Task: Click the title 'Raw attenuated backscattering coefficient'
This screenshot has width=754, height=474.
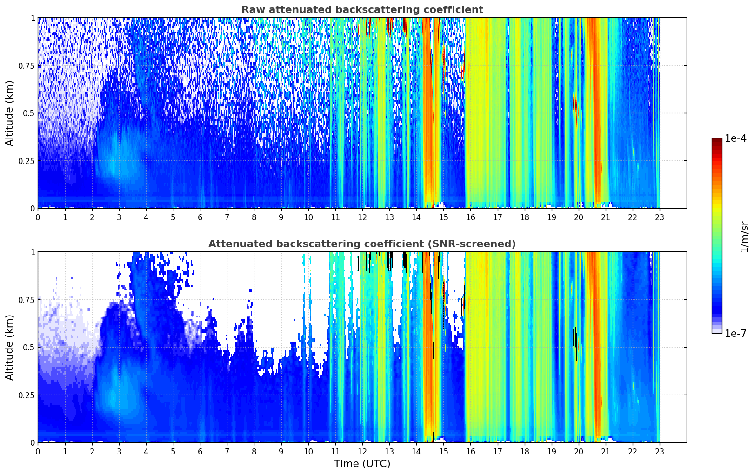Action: (x=362, y=10)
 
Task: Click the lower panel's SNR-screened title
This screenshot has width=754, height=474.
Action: (x=362, y=244)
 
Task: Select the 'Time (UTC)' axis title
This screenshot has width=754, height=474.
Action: (x=362, y=464)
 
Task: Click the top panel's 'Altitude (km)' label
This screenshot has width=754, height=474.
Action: (x=10, y=113)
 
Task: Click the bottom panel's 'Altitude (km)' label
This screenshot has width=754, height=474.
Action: (x=10, y=347)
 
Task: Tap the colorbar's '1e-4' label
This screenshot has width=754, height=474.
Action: (x=735, y=138)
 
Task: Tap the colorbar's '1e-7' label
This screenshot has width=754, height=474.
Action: (x=735, y=334)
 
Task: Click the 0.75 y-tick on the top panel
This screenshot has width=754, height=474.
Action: (x=26, y=66)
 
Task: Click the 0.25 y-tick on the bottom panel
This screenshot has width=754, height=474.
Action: (x=26, y=395)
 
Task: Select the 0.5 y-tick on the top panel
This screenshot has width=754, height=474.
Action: (x=29, y=113)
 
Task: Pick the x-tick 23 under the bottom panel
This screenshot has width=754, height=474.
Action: (x=660, y=452)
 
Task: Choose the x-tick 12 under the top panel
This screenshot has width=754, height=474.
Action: (x=362, y=217)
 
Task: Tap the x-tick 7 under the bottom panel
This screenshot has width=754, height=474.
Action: (x=227, y=452)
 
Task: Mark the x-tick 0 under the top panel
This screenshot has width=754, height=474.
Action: (x=38, y=217)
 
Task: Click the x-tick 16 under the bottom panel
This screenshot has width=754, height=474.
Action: (x=470, y=452)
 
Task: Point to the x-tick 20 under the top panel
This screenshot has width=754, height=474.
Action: (x=579, y=217)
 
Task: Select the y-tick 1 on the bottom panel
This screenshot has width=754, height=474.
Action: (x=33, y=252)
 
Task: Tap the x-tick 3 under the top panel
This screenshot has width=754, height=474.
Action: (x=119, y=217)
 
